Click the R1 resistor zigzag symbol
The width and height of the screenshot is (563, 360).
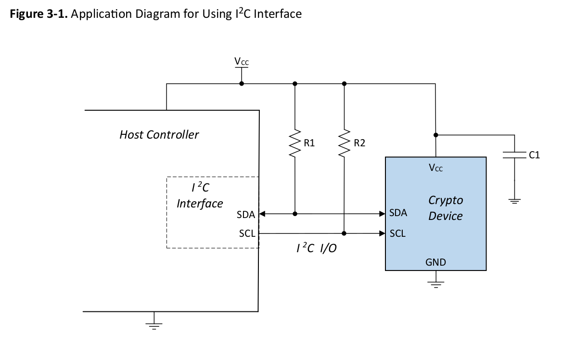pyautogui.click(x=295, y=143)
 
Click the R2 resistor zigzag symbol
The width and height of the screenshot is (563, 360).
pyautogui.click(x=344, y=143)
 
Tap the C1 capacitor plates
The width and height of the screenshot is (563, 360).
pyautogui.click(x=514, y=155)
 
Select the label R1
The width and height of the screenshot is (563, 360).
pyautogui.click(x=309, y=143)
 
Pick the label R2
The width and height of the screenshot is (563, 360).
pyautogui.click(x=359, y=143)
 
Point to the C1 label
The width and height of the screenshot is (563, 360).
pyautogui.click(x=534, y=155)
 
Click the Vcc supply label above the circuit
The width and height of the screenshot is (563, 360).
pyautogui.click(x=242, y=62)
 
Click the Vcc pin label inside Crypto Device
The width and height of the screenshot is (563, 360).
pyautogui.click(x=436, y=168)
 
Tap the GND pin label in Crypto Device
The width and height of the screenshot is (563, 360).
pyautogui.click(x=435, y=262)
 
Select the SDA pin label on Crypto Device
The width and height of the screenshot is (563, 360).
pyautogui.click(x=398, y=213)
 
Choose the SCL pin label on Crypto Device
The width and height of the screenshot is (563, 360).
pyautogui.click(x=397, y=233)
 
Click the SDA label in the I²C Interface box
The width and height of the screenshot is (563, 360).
pyautogui.click(x=245, y=215)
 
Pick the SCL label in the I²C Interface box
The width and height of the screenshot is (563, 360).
pyautogui.click(x=247, y=233)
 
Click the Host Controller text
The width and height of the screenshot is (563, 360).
pyautogui.click(x=159, y=135)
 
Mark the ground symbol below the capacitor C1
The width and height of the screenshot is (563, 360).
pyautogui.click(x=514, y=201)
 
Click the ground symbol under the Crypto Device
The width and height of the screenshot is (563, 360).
pyautogui.click(x=436, y=285)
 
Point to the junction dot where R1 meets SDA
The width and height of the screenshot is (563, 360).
pyautogui.click(x=295, y=214)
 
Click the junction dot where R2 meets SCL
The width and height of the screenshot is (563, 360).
pyautogui.click(x=344, y=233)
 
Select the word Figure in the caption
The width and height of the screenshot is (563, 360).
pyautogui.click(x=26, y=14)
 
